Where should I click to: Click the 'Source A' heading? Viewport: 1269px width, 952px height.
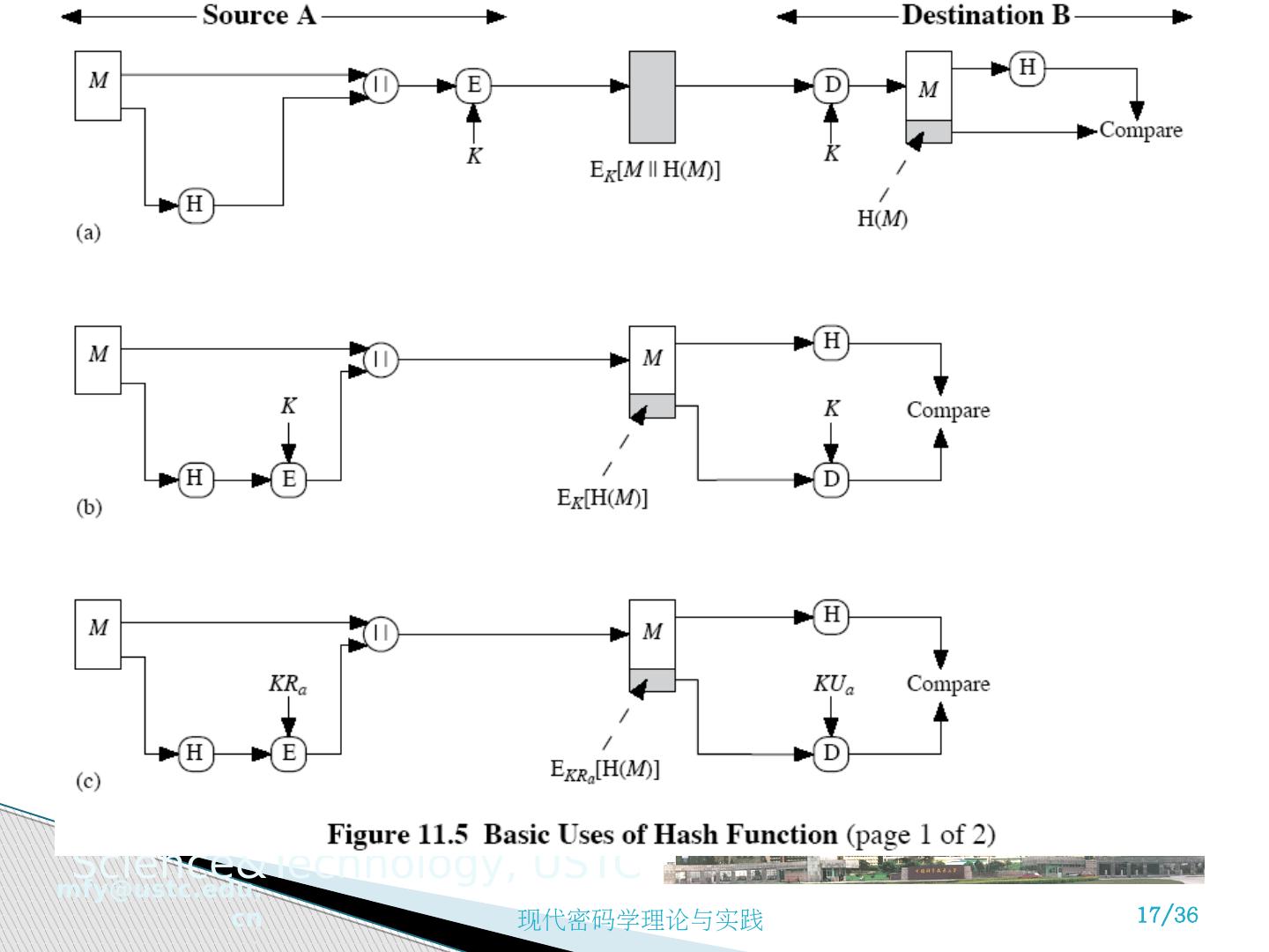click(258, 15)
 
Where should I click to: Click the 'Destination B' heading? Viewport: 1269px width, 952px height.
click(984, 15)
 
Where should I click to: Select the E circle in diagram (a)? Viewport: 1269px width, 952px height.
click(474, 86)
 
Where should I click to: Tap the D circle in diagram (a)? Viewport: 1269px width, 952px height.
click(831, 86)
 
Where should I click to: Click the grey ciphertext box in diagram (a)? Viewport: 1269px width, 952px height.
click(652, 97)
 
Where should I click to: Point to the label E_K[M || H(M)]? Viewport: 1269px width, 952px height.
click(655, 169)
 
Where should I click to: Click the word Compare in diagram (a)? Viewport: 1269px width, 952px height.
click(1140, 130)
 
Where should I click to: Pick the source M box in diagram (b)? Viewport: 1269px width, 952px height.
click(98, 360)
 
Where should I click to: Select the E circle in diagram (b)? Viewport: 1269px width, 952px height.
click(288, 480)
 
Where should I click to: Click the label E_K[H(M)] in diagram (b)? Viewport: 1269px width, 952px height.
click(602, 498)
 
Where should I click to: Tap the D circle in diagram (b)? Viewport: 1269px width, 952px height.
click(831, 480)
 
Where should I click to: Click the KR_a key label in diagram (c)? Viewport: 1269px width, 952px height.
click(287, 684)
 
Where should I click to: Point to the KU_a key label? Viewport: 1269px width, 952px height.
click(833, 684)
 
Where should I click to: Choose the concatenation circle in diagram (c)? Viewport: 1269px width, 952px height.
click(382, 633)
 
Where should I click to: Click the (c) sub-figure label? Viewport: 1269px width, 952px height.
click(88, 781)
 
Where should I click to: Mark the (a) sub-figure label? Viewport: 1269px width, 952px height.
click(88, 233)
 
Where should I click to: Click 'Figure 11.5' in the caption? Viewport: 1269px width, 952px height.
click(397, 834)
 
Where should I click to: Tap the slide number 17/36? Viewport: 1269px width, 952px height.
click(1168, 914)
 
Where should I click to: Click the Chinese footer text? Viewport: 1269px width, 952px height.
click(640, 921)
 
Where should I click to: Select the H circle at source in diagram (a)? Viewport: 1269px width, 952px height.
click(196, 205)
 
